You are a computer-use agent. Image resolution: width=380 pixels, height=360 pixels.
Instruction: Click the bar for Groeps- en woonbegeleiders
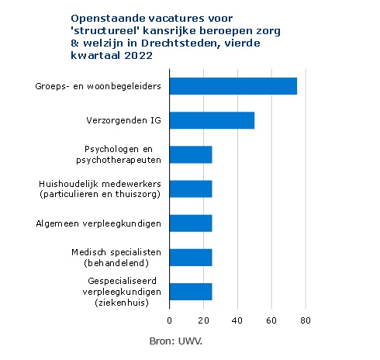tap(233, 86)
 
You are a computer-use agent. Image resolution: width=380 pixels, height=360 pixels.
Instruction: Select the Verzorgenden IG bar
tap(212, 120)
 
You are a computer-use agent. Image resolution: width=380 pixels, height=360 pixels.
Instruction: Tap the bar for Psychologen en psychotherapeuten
tap(191, 154)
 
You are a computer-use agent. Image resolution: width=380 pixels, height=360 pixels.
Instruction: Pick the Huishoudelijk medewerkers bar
tap(191, 189)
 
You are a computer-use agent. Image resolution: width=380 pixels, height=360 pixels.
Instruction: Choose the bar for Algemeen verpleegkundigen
tap(191, 223)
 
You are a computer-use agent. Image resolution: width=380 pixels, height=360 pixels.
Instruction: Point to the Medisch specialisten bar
tap(191, 258)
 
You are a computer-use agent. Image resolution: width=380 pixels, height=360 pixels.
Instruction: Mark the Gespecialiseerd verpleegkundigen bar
tap(191, 292)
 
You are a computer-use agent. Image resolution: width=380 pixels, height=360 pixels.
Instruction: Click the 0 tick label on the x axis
tap(169, 320)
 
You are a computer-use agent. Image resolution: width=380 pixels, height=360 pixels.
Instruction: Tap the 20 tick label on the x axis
tap(203, 320)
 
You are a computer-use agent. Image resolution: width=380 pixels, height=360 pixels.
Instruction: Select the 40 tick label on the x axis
tap(237, 320)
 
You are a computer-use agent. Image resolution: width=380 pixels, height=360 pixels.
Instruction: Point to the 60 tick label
tap(271, 320)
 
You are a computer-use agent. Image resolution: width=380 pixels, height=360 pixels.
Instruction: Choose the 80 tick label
tap(306, 320)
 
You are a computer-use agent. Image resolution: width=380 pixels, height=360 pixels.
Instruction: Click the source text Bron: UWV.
tap(176, 341)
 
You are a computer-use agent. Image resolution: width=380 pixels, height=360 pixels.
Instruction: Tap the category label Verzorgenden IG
tap(123, 120)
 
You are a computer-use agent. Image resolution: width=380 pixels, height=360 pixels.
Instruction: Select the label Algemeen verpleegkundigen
tap(98, 223)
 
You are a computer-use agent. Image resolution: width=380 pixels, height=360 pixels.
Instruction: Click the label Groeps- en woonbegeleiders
tap(98, 86)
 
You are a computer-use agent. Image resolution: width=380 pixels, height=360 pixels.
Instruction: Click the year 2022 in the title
tap(138, 56)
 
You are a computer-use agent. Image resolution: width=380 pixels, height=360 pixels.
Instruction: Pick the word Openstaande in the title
tap(108, 19)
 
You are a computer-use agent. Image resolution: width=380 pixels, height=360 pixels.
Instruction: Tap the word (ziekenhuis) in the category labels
tap(122, 303)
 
